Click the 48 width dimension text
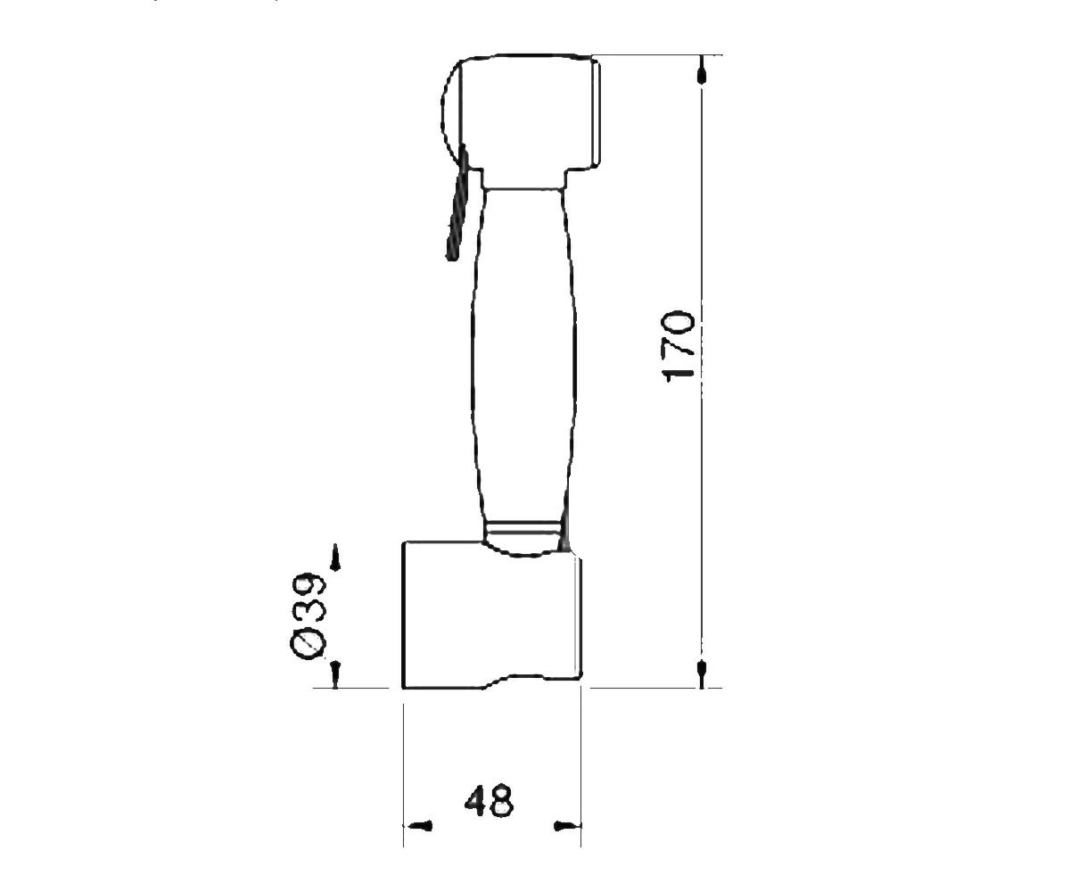489,800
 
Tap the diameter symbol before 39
308,645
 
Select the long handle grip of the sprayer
523,354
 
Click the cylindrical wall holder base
491,615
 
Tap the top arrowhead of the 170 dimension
702,70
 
